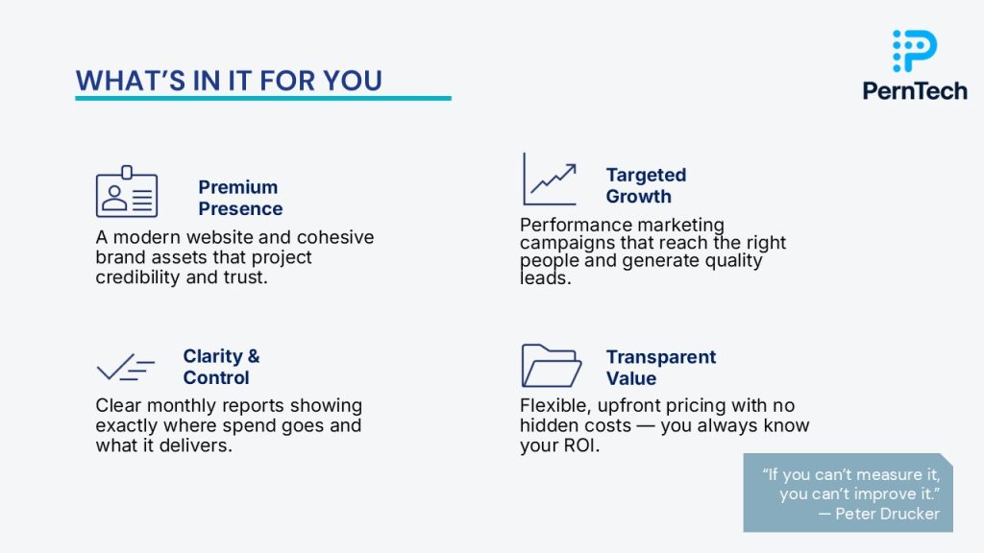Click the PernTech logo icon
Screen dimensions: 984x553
click(x=915, y=50)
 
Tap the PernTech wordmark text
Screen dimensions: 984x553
click(x=915, y=91)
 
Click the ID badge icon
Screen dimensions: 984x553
click(x=127, y=191)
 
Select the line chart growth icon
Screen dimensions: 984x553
click(x=550, y=180)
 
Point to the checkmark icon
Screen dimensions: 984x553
click(x=126, y=368)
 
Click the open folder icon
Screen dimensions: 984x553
click(x=551, y=366)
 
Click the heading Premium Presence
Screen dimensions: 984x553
click(x=240, y=198)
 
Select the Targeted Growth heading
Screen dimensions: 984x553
click(x=646, y=185)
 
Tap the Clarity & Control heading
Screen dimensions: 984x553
click(x=221, y=367)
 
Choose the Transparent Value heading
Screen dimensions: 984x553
click(x=661, y=368)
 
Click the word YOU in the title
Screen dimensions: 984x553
click(x=352, y=81)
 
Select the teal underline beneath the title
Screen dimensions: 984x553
click(x=263, y=99)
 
